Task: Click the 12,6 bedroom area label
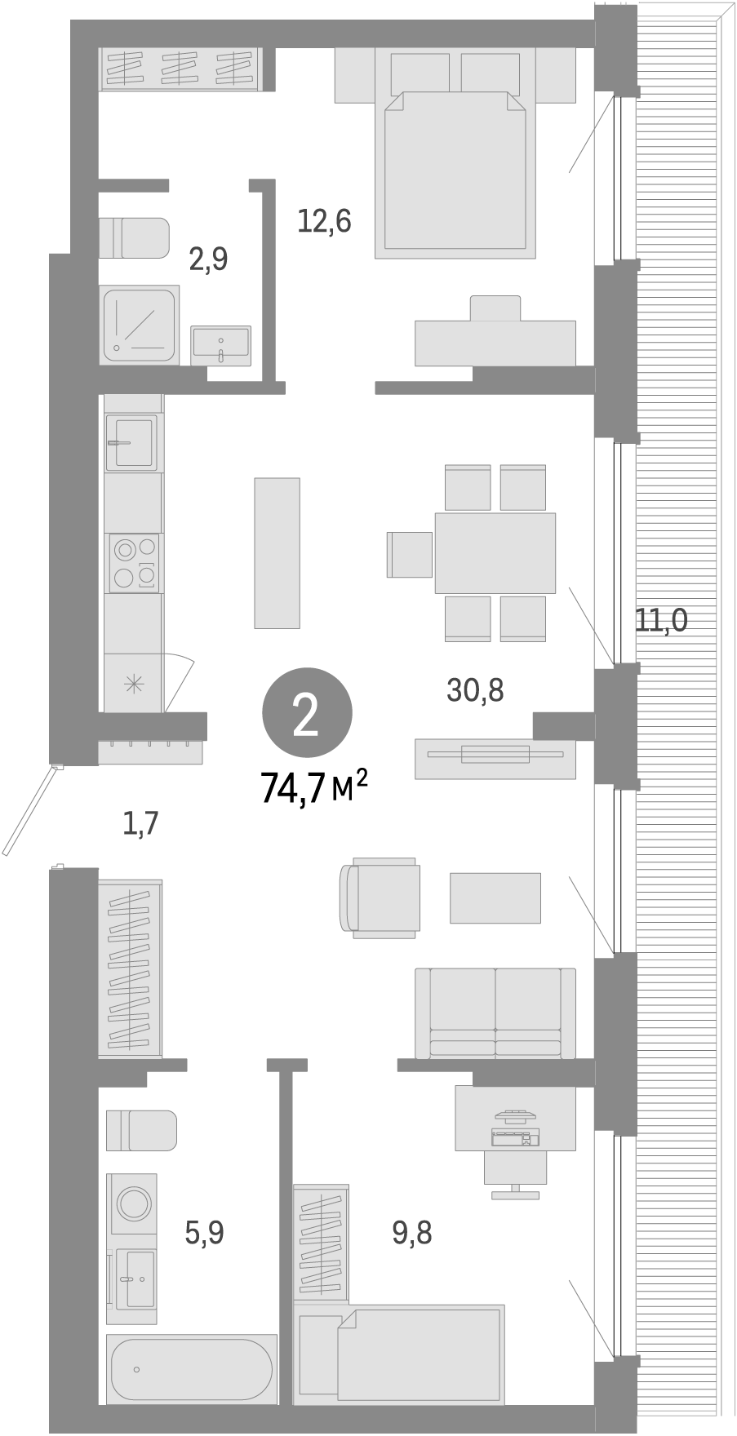pyautogui.click(x=324, y=221)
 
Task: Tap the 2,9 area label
pyautogui.click(x=208, y=259)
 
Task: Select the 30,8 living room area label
pyautogui.click(x=475, y=690)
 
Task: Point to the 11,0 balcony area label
pyautogui.click(x=662, y=622)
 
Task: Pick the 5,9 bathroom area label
pyautogui.click(x=204, y=1232)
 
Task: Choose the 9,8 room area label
pyautogui.click(x=412, y=1233)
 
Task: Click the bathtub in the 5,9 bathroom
pyautogui.click(x=191, y=1368)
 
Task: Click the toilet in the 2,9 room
pyautogui.click(x=133, y=237)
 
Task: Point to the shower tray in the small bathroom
pyautogui.click(x=140, y=324)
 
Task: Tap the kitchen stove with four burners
pyautogui.click(x=135, y=563)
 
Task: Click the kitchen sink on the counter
pyautogui.click(x=133, y=442)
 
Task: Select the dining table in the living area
pyautogui.click(x=495, y=552)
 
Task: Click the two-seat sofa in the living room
pyautogui.click(x=495, y=1013)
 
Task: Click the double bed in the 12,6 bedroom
pyautogui.click(x=455, y=171)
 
